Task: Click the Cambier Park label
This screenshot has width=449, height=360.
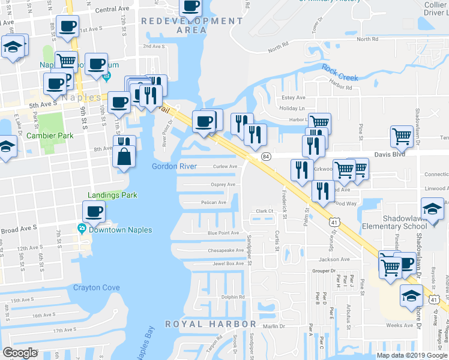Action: click(50, 136)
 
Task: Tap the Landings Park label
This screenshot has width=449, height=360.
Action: click(112, 195)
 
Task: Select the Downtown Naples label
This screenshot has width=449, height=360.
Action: click(119, 230)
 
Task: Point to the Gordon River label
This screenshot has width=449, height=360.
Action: click(173, 166)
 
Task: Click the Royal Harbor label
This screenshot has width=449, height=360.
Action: click(210, 324)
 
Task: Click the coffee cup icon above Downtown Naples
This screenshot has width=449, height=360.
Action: click(94, 211)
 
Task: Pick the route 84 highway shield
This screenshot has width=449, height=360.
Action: click(265, 156)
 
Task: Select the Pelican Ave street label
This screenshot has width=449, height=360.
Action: click(213, 202)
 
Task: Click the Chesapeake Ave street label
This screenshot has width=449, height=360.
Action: click(225, 251)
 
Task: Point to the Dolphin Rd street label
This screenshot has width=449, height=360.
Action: click(233, 297)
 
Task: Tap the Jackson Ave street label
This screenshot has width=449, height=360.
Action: click(334, 259)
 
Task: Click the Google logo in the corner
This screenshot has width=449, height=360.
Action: click(20, 353)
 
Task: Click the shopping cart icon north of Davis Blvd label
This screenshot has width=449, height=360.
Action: click(402, 136)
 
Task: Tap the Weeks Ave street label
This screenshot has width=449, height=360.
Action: click(400, 325)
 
